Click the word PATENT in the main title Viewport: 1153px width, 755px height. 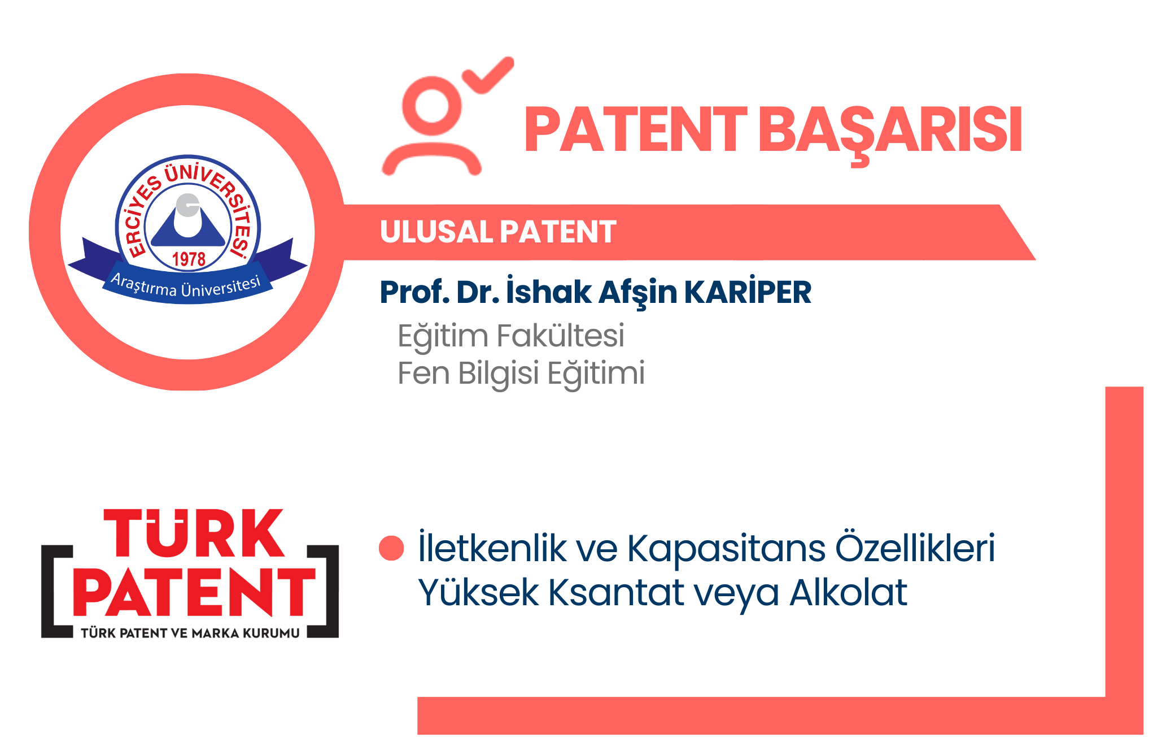coord(635,129)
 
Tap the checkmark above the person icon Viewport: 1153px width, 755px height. coord(488,75)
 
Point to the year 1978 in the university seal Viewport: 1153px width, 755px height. coord(189,259)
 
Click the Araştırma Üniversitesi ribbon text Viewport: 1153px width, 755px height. coord(186,286)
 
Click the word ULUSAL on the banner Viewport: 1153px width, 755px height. coord(435,232)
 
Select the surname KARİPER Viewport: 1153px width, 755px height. coord(748,292)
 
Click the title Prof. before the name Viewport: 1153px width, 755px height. coord(415,292)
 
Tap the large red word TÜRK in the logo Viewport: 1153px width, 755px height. coord(194,533)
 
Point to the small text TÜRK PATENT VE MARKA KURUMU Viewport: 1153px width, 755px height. coord(190,633)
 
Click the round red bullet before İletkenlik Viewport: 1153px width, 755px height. coord(391,548)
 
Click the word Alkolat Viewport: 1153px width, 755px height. coord(848,592)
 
